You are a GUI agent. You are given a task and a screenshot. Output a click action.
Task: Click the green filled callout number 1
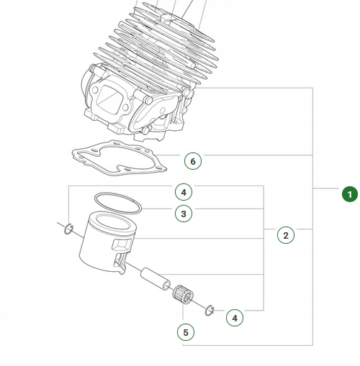(348, 193)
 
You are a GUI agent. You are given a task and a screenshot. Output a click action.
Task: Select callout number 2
(285, 235)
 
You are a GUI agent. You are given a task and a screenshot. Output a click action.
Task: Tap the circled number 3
(184, 214)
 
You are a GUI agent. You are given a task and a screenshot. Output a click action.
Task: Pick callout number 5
(185, 332)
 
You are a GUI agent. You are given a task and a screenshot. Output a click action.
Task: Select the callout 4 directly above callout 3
(184, 192)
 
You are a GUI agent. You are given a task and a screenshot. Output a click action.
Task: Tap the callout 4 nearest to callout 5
(234, 316)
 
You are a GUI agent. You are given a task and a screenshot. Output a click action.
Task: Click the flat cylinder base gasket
(115, 160)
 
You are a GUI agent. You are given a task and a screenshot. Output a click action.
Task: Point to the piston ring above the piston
(117, 203)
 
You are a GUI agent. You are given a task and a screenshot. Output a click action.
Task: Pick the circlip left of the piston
(68, 229)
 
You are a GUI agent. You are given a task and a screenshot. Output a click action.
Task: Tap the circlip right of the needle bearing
(210, 310)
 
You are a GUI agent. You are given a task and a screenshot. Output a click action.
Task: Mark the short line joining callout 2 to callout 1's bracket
(304, 229)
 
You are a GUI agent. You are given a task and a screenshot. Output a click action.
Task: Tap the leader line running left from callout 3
(158, 211)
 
